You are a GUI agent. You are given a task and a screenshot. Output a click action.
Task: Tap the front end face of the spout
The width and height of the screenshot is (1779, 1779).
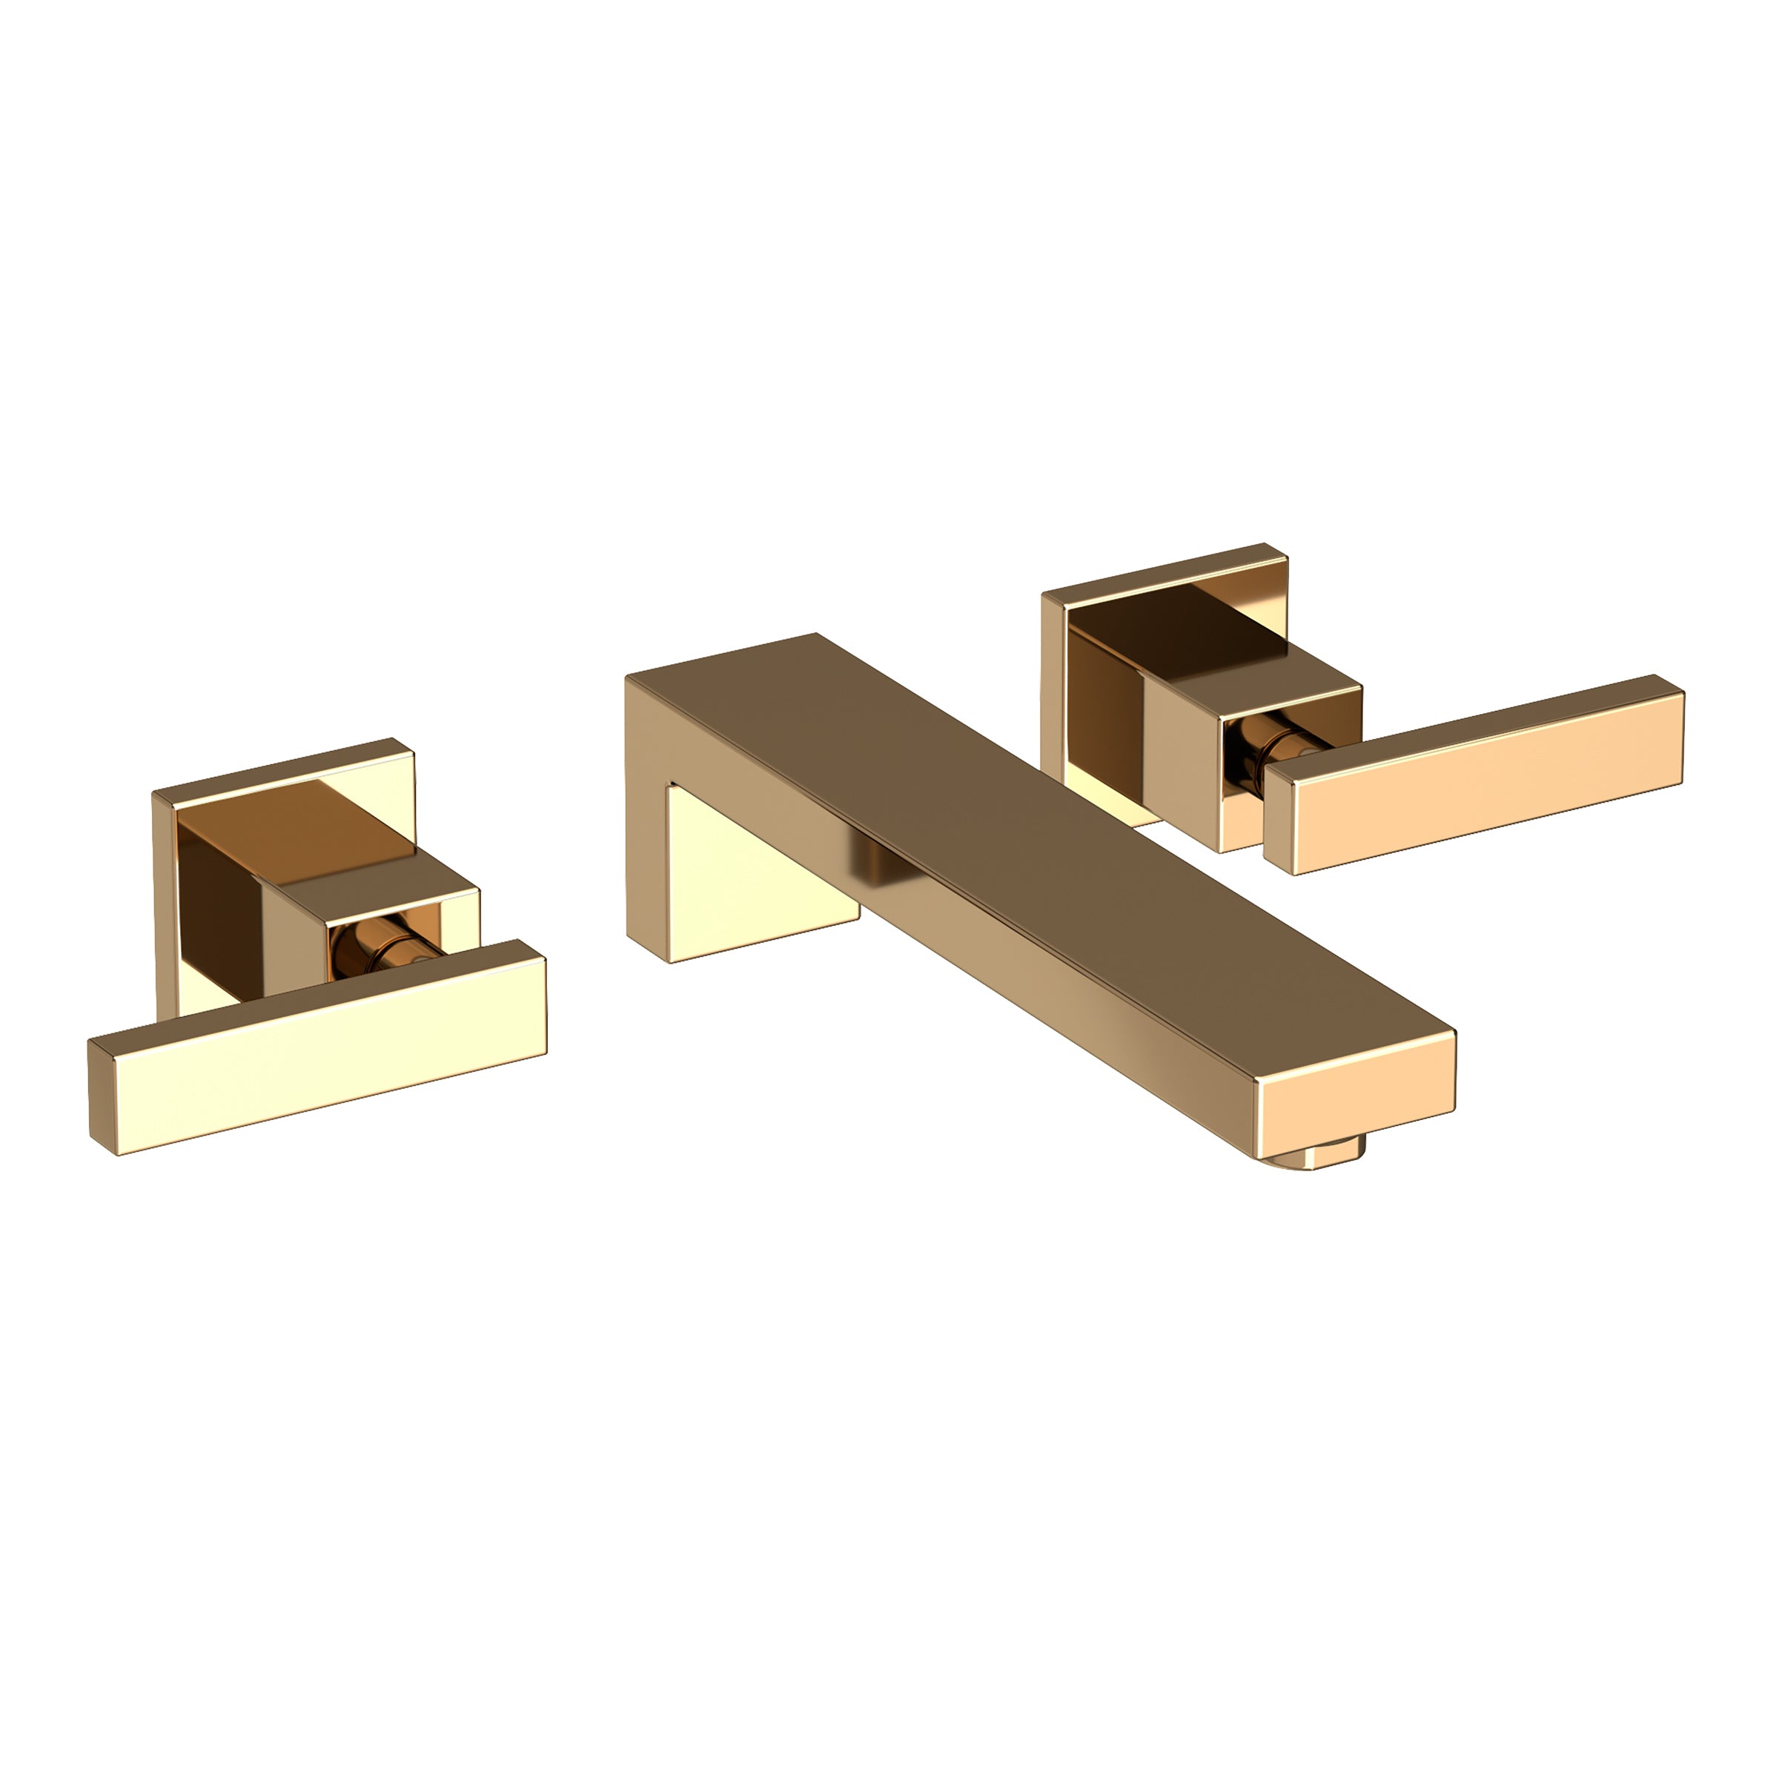coord(1357,1099)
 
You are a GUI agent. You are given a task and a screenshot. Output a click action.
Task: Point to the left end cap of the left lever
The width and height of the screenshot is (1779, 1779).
coord(104,1096)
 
